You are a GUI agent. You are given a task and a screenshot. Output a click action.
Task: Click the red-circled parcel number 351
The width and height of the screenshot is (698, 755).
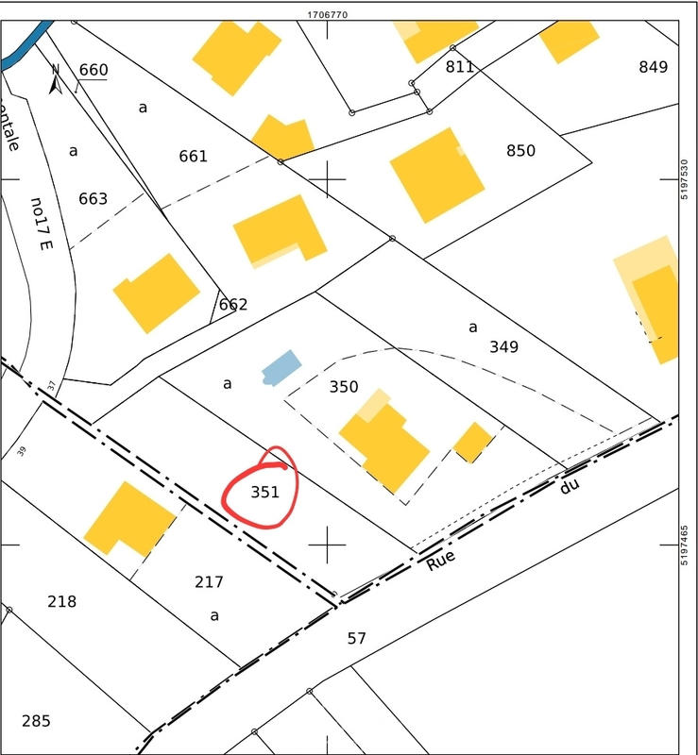265,492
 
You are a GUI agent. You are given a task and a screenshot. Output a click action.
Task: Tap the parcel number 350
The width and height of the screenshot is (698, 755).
344,386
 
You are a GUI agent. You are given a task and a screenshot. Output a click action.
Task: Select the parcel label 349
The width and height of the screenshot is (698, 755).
504,346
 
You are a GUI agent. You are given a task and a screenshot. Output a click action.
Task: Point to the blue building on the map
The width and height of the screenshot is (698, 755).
281,366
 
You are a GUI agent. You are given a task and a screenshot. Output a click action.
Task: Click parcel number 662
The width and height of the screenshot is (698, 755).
233,304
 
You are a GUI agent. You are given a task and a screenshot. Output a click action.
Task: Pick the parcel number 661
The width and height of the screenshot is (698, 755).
193,156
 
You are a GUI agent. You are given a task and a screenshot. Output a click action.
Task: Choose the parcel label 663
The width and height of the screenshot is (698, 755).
94,198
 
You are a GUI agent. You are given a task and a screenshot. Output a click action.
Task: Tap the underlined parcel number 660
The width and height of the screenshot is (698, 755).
94,70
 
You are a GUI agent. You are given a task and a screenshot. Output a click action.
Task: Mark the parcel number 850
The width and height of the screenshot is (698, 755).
520,150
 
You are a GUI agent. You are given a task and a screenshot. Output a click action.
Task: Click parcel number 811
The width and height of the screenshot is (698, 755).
460,66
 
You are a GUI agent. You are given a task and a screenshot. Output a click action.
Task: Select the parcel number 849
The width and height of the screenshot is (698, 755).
654,66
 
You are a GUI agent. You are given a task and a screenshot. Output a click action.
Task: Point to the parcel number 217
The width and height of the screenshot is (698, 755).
209,581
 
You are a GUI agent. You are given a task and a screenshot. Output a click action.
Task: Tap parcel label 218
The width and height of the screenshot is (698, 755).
61,601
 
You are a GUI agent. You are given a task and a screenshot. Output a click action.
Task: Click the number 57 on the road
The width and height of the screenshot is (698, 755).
356,638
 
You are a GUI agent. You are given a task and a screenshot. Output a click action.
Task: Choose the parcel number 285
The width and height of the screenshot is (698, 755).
36,721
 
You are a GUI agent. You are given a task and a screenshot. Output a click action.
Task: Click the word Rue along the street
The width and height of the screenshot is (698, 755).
441,561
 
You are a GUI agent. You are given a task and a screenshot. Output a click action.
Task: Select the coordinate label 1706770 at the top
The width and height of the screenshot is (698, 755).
328,14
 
